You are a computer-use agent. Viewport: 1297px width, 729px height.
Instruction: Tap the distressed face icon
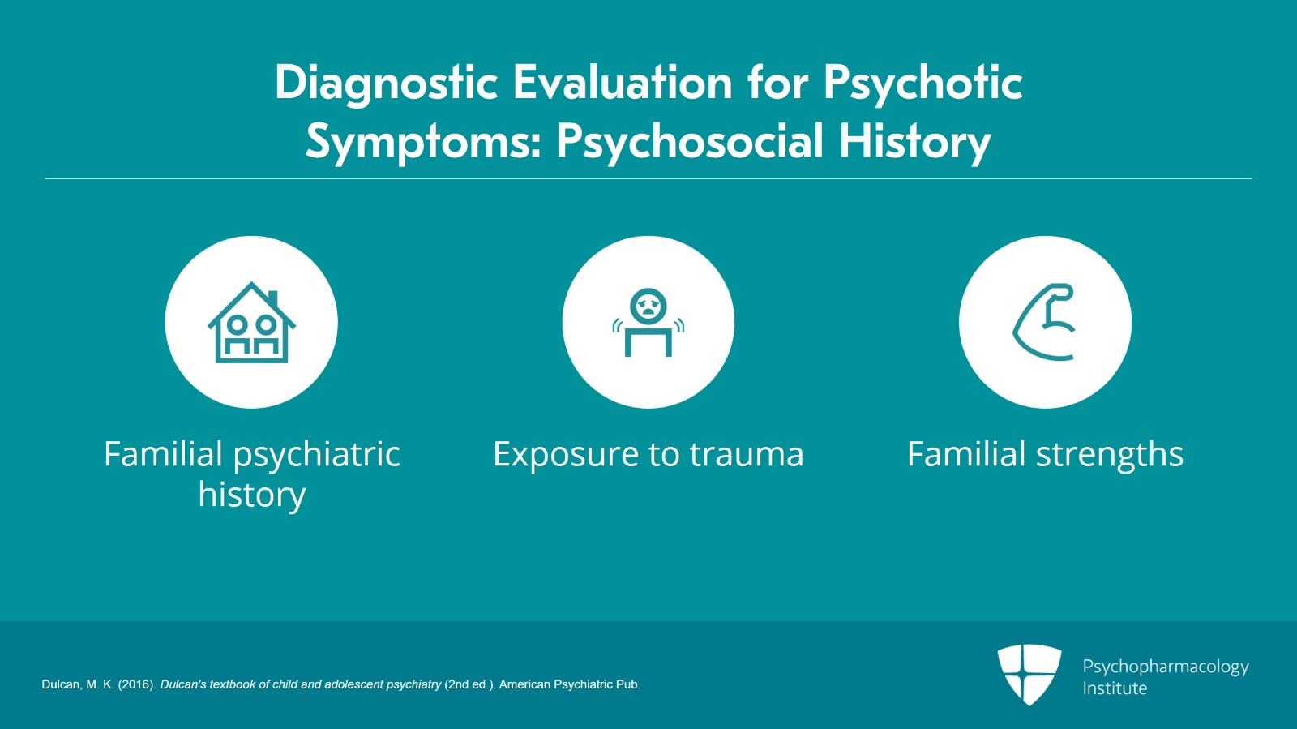tap(648, 306)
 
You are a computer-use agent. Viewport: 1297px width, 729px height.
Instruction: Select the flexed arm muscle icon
tap(1044, 322)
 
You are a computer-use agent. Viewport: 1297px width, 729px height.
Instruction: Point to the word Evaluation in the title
tap(623, 83)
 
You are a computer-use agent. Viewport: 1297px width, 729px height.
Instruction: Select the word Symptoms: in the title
tap(423, 143)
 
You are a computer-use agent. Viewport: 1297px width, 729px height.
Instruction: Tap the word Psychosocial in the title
tap(690, 143)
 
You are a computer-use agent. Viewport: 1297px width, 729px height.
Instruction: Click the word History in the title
tap(915, 143)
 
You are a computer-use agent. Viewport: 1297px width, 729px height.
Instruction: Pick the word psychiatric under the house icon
tap(317, 455)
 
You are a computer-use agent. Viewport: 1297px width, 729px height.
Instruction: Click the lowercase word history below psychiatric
tap(252, 495)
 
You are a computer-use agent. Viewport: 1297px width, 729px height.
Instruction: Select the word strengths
tap(1110, 455)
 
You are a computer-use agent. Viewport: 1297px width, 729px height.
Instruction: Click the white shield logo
tap(1029, 675)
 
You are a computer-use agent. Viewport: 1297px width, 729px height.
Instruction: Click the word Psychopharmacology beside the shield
tap(1166, 667)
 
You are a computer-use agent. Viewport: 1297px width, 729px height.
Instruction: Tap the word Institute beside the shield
tap(1115, 688)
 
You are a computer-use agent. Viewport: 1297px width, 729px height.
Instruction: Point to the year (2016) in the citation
tap(137, 684)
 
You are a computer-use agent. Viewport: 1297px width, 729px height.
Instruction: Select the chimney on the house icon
tap(272, 298)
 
